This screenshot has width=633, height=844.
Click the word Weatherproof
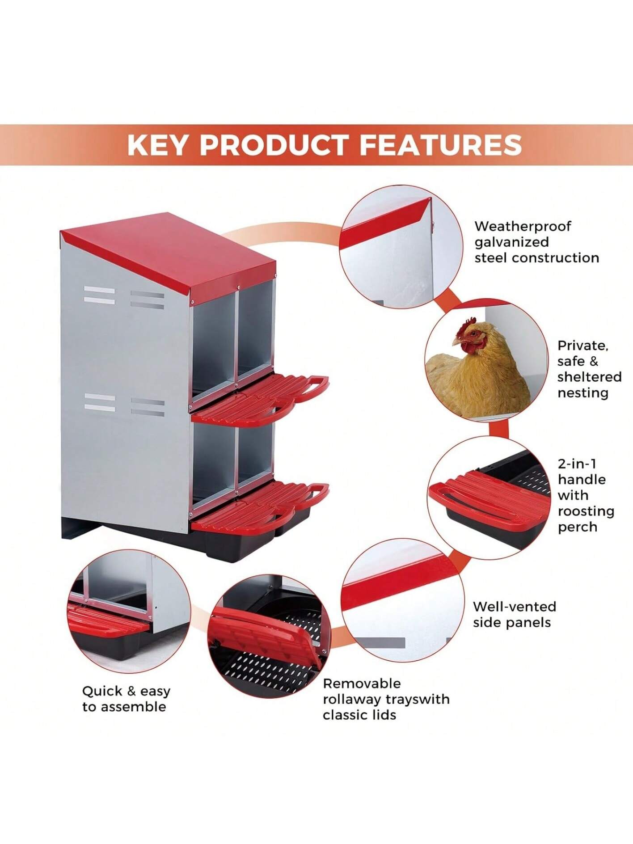tap(523, 227)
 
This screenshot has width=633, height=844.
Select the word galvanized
tap(511, 242)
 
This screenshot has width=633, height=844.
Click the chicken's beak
tap(456, 342)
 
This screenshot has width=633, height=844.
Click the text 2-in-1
tap(577, 464)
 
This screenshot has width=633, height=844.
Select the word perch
tap(577, 527)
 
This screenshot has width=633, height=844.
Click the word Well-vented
tap(515, 607)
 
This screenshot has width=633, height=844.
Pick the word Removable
tap(362, 684)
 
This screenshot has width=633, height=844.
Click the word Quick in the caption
tap(102, 691)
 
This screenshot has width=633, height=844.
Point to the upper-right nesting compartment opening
tap(256, 333)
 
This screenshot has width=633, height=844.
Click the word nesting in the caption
tap(582, 393)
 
